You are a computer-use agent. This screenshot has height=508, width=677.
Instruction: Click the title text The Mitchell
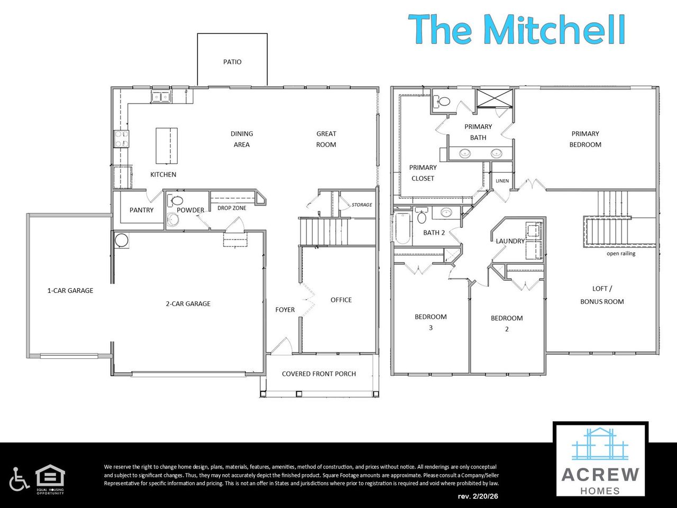tap(517, 29)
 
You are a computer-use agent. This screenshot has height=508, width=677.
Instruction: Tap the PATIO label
tap(232, 62)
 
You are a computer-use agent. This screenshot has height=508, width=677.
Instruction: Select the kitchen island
tap(166, 146)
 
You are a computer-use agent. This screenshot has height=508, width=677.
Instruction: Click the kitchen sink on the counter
tap(160, 96)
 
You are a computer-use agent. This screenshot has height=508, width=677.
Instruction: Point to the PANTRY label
tap(141, 210)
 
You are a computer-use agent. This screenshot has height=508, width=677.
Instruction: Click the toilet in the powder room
tap(176, 201)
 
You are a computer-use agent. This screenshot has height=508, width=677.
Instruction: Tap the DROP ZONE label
tap(232, 208)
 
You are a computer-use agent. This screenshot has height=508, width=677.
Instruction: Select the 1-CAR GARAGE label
tap(70, 290)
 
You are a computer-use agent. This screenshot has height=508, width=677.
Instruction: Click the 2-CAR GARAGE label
tap(188, 303)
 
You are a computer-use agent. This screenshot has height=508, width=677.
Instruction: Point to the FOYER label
tap(285, 310)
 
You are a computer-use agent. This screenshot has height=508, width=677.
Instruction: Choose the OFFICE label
tap(341, 300)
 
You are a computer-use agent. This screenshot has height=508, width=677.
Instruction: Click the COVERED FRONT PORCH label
tap(319, 374)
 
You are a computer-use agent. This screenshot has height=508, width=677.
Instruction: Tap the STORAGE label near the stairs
tap(362, 205)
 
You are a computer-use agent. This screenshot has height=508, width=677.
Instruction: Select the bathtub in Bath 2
tap(402, 228)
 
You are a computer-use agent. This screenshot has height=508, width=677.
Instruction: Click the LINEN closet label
tap(502, 181)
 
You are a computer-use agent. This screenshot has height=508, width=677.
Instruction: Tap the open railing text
tap(621, 254)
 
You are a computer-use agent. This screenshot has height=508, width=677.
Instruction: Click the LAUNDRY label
tap(510, 241)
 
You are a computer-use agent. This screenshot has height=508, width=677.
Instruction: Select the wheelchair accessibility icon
tap(19, 478)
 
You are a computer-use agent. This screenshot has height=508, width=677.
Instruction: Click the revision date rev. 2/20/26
tap(478, 496)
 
